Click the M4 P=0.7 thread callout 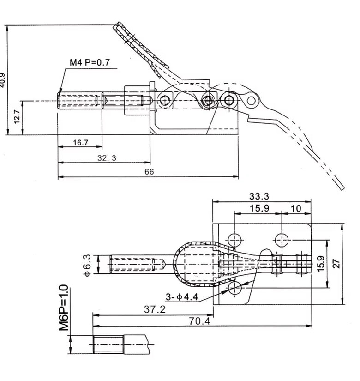coord(90,62)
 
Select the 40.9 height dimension coord(2,80)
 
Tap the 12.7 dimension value coord(17,117)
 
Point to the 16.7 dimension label coord(81,142)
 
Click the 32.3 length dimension coord(107,158)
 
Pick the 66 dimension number coord(149,172)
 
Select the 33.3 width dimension coord(259,196)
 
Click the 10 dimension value coord(296,208)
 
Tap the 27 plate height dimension coord(336,264)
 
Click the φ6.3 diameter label coord(87,265)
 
